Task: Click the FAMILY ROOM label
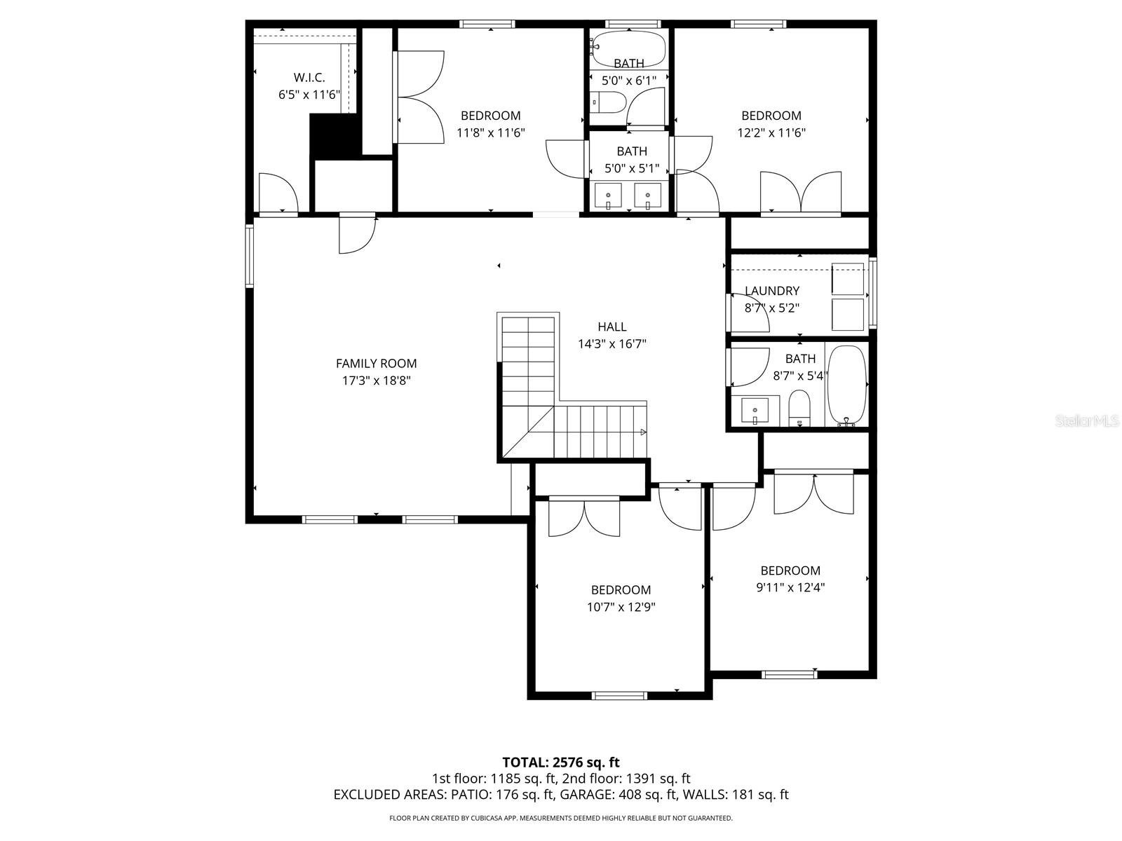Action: pos(376,363)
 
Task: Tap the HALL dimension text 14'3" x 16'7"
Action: pos(611,344)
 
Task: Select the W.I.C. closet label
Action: pos(309,78)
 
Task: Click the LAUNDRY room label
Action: pos(771,291)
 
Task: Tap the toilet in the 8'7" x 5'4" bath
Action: pos(799,408)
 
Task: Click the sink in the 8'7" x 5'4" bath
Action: pos(755,410)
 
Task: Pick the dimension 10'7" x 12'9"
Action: pos(621,607)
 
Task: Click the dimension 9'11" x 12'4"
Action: pos(790,588)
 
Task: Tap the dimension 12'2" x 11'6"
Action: pos(771,132)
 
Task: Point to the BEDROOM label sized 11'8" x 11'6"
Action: pos(490,116)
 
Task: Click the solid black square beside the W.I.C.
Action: pos(334,136)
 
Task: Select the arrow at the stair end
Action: pos(642,432)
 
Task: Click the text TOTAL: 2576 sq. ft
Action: pos(560,762)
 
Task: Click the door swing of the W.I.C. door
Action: pos(277,190)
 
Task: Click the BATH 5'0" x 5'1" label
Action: pos(631,151)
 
